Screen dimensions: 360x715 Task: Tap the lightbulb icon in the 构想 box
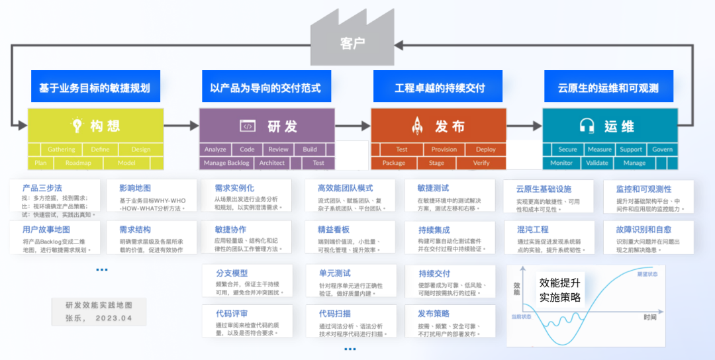click(77, 125)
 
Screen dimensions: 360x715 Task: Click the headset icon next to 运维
click(587, 125)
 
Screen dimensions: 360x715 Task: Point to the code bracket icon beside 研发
click(248, 126)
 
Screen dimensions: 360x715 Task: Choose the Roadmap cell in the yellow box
click(78, 163)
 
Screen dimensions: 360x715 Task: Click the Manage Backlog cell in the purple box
click(226, 163)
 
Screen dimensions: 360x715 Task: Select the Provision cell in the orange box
click(444, 150)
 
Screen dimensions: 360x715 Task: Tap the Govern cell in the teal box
click(662, 150)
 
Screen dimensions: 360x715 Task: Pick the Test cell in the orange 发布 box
click(401, 150)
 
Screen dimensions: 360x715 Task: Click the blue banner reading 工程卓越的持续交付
click(440, 88)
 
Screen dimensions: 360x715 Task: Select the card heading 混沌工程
click(533, 229)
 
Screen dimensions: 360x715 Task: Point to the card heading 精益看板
click(334, 229)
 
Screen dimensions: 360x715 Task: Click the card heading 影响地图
click(135, 189)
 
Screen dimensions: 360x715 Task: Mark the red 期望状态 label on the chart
click(647, 273)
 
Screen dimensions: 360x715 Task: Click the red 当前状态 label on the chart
click(522, 316)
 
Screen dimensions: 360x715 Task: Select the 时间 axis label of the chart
click(649, 318)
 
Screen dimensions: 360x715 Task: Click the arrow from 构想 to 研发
click(181, 125)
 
